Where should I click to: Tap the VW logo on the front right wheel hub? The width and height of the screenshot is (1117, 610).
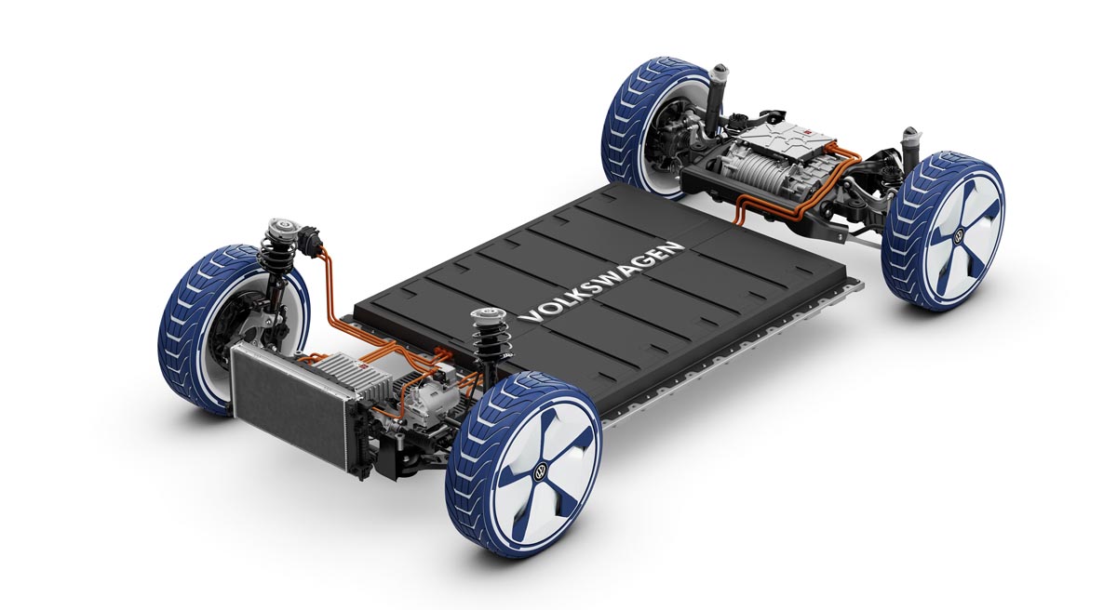point(540,471)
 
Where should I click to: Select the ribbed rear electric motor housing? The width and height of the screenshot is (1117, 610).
point(753,172)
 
